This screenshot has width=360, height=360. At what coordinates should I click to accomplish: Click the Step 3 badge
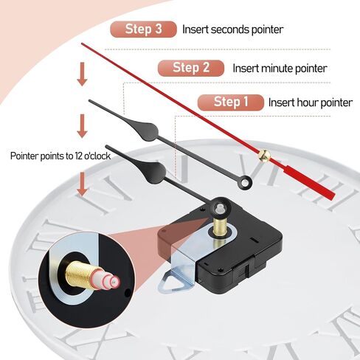click(x=144, y=30)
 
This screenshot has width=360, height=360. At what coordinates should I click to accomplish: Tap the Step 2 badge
click(x=191, y=68)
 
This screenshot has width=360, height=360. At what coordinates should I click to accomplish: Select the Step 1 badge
click(x=231, y=102)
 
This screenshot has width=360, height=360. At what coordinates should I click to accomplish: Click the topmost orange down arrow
click(x=82, y=74)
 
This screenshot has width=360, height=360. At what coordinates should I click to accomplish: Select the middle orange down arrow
click(x=82, y=126)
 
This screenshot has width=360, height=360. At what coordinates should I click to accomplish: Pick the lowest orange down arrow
click(x=82, y=184)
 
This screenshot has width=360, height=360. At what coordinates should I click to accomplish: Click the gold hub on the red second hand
click(x=264, y=155)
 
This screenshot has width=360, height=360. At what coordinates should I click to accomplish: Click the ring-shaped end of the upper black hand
click(x=245, y=182)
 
